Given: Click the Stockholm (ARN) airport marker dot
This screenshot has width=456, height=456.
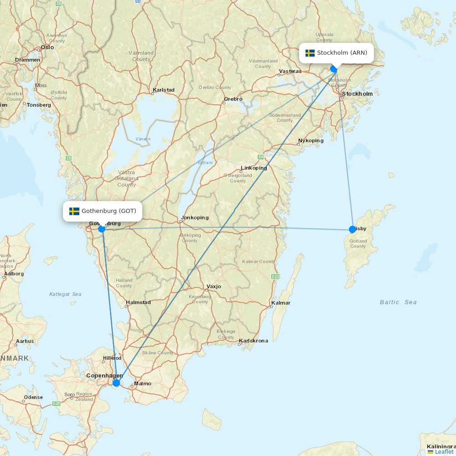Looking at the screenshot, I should pyautogui.click(x=334, y=69).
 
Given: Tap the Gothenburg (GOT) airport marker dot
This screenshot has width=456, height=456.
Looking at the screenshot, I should pyautogui.click(x=102, y=229).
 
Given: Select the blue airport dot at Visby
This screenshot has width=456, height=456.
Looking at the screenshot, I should pyautogui.click(x=352, y=229).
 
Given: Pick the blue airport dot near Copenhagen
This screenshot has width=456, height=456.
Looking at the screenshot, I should pyautogui.click(x=116, y=383).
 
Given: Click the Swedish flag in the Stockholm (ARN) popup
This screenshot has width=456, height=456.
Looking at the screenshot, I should pyautogui.click(x=310, y=53).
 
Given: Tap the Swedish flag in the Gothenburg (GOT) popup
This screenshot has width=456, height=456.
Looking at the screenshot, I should pyautogui.click(x=74, y=211).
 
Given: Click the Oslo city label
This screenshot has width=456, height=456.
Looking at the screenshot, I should pyautogui.click(x=47, y=47).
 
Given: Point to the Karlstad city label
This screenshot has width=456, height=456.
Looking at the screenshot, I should pyautogui.click(x=164, y=90).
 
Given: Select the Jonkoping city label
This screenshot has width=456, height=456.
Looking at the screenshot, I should pyautogui.click(x=195, y=218).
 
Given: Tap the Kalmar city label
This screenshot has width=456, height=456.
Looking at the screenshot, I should pyautogui.click(x=280, y=303).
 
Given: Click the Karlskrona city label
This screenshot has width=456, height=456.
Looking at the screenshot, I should pyautogui.click(x=254, y=341).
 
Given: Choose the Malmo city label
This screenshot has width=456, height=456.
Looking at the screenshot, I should pyautogui.click(x=143, y=383).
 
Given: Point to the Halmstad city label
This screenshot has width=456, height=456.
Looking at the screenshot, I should pyautogui.click(x=138, y=302).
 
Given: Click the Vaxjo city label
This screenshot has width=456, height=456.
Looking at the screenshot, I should pyautogui.click(x=213, y=287).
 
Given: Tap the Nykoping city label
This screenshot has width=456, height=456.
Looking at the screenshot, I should pyautogui.click(x=311, y=140).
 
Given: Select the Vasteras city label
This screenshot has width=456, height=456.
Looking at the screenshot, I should pyautogui.click(x=290, y=71).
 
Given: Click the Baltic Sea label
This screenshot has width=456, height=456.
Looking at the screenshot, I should pyautogui.click(x=398, y=302).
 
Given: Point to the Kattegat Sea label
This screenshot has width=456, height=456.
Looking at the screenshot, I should pyautogui.click(x=65, y=294).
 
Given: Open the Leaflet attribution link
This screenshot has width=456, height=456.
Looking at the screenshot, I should pyautogui.click(x=444, y=451).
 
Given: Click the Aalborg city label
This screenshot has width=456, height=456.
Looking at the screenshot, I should pyautogui.click(x=14, y=274).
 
